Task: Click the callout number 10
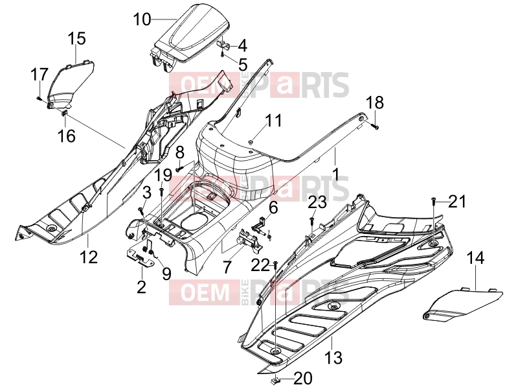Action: pyautogui.click(x=142, y=19)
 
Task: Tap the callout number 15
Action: pyautogui.click(x=77, y=39)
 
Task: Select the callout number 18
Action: pyautogui.click(x=375, y=102)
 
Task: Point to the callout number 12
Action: pyautogui.click(x=88, y=257)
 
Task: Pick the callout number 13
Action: pyautogui.click(x=333, y=358)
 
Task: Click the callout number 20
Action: pyautogui.click(x=303, y=379)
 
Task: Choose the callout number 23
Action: pyautogui.click(x=317, y=202)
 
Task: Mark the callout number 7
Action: pyautogui.click(x=227, y=267)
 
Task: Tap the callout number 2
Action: pyautogui.click(x=141, y=287)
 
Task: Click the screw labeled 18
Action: pyautogui.click(x=375, y=126)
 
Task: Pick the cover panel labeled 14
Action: pyautogui.click(x=462, y=303)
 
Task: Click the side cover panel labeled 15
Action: pyautogui.click(x=71, y=84)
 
